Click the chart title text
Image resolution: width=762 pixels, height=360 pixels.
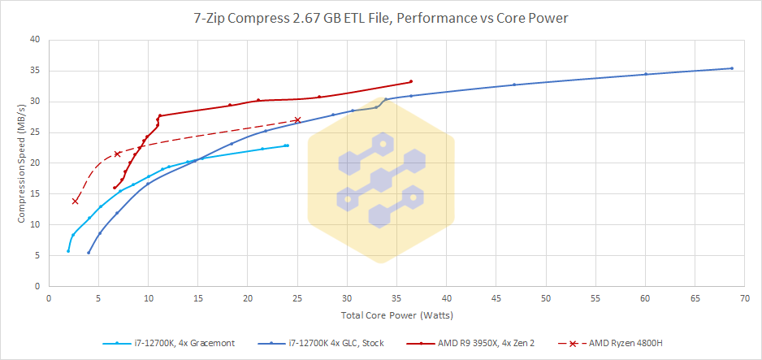[380, 16]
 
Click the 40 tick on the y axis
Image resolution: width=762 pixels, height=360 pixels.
[35, 39]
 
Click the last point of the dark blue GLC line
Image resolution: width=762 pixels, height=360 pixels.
[732, 68]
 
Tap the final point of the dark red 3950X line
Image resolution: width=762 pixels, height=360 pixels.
[411, 81]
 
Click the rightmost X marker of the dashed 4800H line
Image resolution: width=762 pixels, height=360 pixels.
[297, 120]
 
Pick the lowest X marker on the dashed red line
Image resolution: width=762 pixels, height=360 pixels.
[76, 201]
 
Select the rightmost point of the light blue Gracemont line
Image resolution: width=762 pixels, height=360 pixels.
[287, 145]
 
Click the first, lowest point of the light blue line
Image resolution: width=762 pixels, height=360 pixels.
[68, 251]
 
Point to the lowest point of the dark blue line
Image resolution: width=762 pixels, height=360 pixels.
[89, 253]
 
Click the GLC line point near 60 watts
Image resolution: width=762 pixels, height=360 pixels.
[646, 74]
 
